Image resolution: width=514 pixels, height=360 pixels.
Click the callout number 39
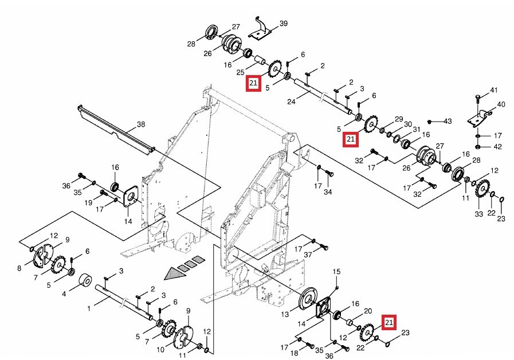[283, 24]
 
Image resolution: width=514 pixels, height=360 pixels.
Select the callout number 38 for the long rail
[141, 124]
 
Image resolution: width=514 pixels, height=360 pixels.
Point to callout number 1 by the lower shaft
[89, 308]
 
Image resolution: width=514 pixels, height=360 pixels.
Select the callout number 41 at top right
[494, 91]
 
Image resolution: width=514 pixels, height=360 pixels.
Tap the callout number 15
[336, 271]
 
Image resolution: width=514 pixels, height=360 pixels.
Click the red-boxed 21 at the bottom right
[389, 323]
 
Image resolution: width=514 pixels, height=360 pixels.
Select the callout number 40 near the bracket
[501, 104]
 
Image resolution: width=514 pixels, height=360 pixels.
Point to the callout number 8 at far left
[19, 268]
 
